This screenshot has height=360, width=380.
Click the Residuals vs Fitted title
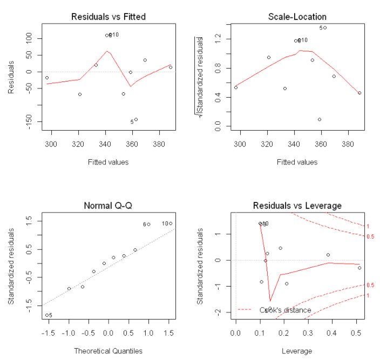coord(108,17)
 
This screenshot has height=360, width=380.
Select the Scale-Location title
coord(297,17)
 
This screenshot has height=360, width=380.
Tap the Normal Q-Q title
coord(108,206)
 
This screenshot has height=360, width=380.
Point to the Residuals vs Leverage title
coord(297,206)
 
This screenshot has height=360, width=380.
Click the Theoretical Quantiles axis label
coord(108,351)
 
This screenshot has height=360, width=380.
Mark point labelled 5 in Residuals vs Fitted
coord(136,119)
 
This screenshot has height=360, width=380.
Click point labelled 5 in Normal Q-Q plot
coord(47,315)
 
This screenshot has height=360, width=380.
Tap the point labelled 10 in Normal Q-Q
coord(171,223)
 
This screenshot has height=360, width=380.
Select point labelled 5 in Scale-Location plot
coord(325,28)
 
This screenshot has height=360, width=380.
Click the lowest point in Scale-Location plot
coord(320,119)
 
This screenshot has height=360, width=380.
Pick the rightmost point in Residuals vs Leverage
coord(359,268)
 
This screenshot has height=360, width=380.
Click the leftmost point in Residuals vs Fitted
coord(47,78)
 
